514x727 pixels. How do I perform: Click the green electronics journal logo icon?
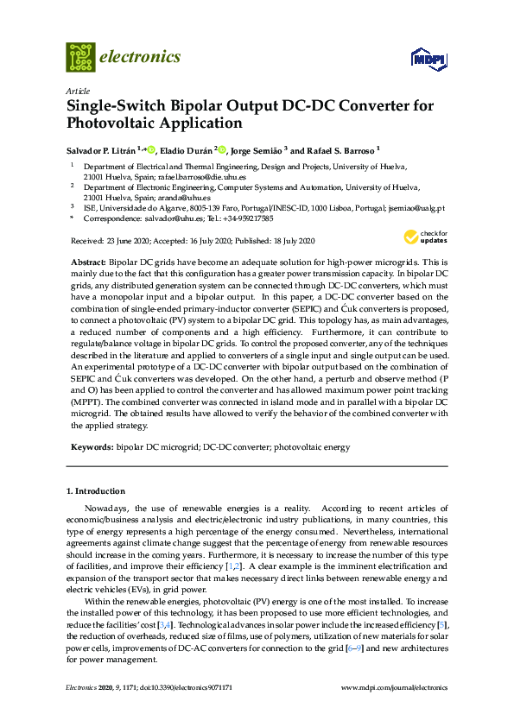(80, 57)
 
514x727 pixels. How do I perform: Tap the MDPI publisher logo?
(428, 59)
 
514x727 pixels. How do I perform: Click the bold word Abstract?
(86, 261)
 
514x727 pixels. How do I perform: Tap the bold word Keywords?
(90, 448)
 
